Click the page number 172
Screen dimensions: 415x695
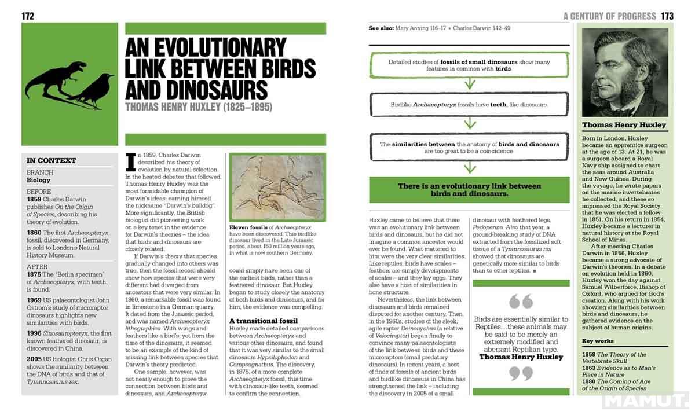28,16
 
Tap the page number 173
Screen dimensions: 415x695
667,16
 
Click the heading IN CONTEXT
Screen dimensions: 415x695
51,160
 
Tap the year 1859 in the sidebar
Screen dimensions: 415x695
34,199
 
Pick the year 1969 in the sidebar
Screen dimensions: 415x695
34,300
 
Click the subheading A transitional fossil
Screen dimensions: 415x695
264,320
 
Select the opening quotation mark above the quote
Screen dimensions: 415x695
520,302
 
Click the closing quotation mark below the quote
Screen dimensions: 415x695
520,374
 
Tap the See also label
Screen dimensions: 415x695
381,28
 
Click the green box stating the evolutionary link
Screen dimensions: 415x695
469,190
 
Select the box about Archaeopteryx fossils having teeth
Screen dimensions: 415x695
469,105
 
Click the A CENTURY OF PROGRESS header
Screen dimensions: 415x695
609,16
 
